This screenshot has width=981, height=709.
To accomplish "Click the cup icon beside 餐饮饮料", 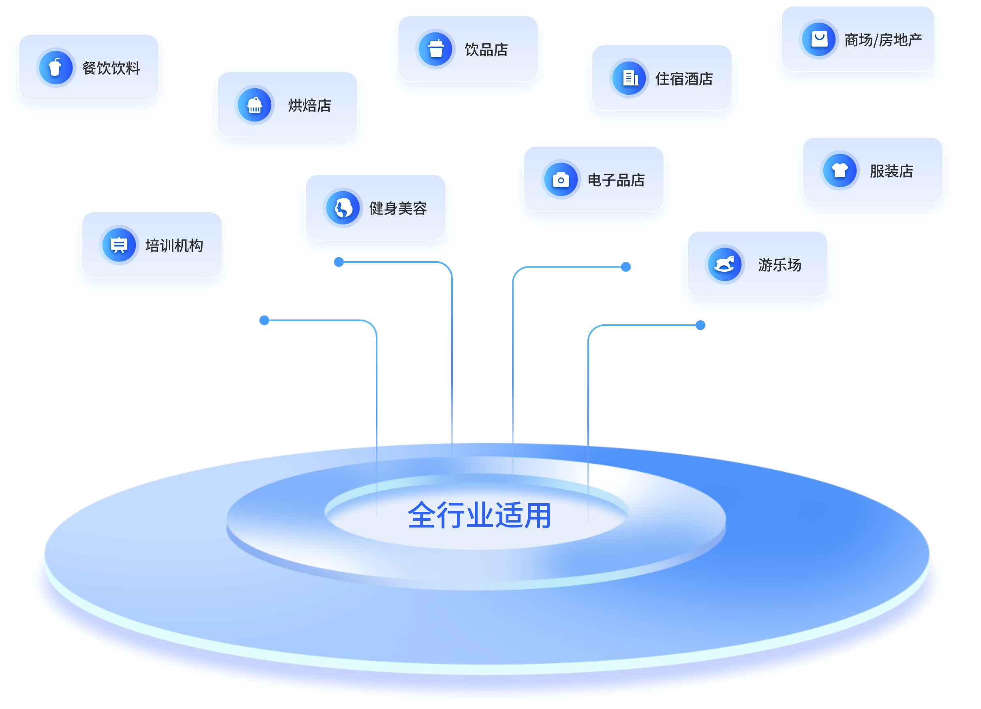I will click(x=56, y=67).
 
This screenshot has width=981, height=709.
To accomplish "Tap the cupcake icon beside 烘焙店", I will click(x=254, y=105).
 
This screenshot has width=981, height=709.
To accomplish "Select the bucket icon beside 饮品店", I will click(x=435, y=49).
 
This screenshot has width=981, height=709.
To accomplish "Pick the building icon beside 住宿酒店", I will click(x=630, y=78).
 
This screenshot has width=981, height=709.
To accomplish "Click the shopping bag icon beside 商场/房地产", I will click(x=819, y=39).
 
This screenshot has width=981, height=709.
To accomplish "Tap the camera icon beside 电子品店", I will click(x=561, y=180).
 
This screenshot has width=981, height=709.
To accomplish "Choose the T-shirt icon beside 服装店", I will click(x=840, y=170).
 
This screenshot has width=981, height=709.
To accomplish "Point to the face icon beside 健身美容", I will click(x=343, y=208).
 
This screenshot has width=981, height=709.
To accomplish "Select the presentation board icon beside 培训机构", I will click(x=119, y=245).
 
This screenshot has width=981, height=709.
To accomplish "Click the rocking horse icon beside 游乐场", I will click(x=724, y=264).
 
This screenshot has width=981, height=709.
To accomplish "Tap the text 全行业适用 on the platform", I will click(x=479, y=515).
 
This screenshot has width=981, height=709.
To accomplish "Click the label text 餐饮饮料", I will click(x=111, y=68).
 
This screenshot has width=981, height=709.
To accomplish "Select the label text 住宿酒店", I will click(x=684, y=79).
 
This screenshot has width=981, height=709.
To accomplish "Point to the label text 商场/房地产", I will click(x=883, y=40).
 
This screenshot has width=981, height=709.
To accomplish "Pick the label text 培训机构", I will click(x=174, y=246).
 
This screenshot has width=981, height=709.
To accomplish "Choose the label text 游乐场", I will click(x=780, y=265).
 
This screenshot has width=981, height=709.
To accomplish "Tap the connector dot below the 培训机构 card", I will click(x=264, y=320).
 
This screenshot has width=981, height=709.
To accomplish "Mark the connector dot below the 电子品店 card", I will click(x=625, y=266).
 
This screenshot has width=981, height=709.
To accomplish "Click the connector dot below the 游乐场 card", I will click(x=700, y=325).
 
